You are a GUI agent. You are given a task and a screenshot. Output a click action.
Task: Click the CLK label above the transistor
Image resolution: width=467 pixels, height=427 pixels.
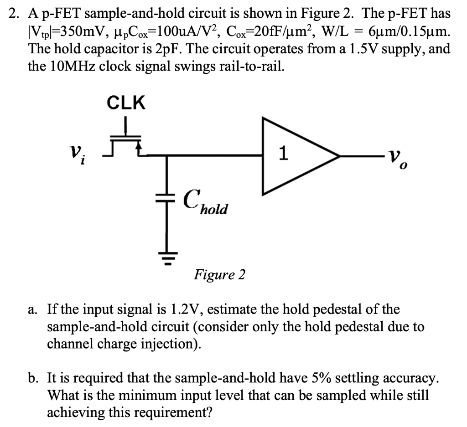[126, 103]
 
